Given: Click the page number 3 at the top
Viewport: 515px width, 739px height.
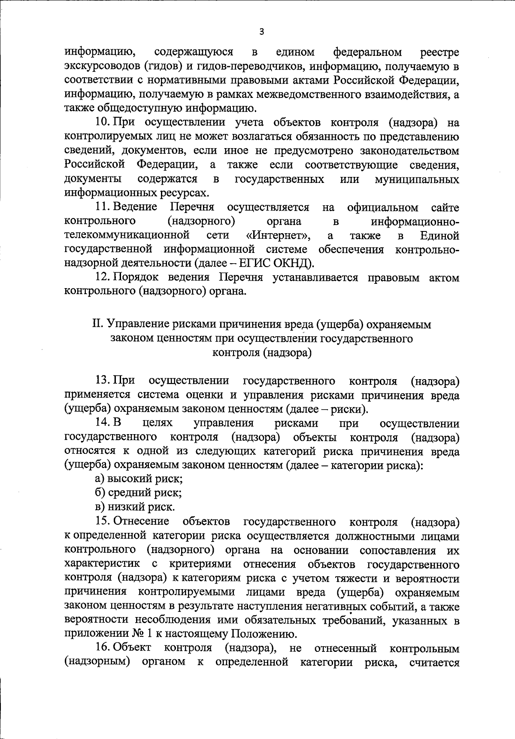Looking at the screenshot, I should tap(262, 32).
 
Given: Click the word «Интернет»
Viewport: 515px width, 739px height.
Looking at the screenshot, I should tap(279, 236).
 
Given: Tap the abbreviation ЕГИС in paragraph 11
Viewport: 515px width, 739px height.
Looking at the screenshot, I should tap(252, 264).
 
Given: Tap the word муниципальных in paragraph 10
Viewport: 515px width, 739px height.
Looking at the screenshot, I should tap(417, 179).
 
